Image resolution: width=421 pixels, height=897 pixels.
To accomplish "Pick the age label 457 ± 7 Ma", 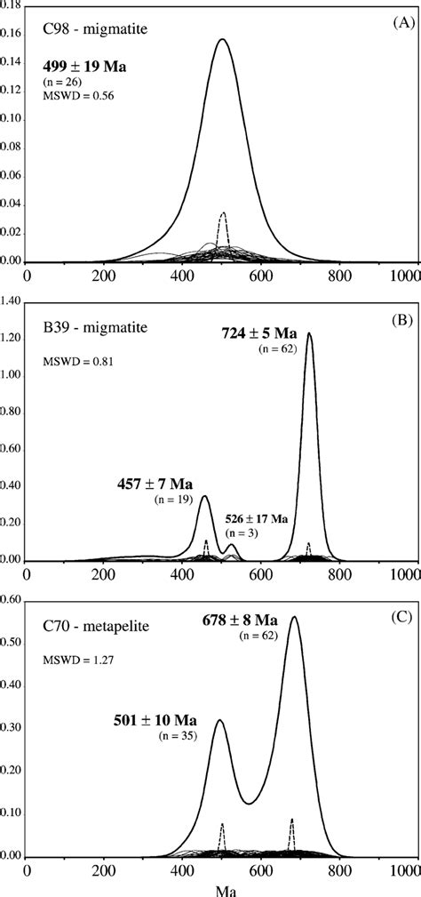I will coord(156,485).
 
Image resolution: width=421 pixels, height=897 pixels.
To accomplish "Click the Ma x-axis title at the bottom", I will coord(223,887).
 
